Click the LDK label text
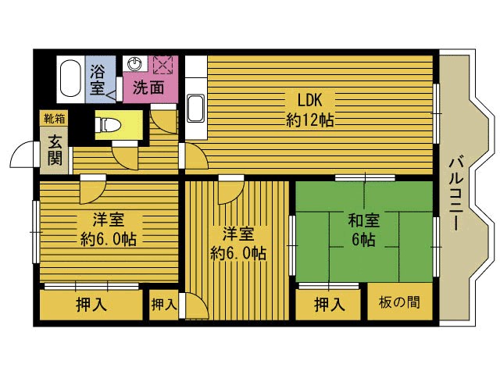pos(309,100)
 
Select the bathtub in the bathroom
pos(70,78)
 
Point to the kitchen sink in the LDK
pos(195,108)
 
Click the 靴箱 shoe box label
pos(54,119)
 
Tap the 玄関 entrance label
pos(55,150)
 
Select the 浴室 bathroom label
pos(97,80)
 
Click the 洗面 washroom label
pos(148,87)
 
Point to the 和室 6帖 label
pos(364,230)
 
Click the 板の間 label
pos(399,302)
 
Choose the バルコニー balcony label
pos(456,193)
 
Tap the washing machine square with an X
pos(163,65)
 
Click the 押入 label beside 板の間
pos(330,304)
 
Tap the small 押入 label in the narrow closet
pos(164,304)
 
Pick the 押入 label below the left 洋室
pos(91,304)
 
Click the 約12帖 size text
pos(309,120)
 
